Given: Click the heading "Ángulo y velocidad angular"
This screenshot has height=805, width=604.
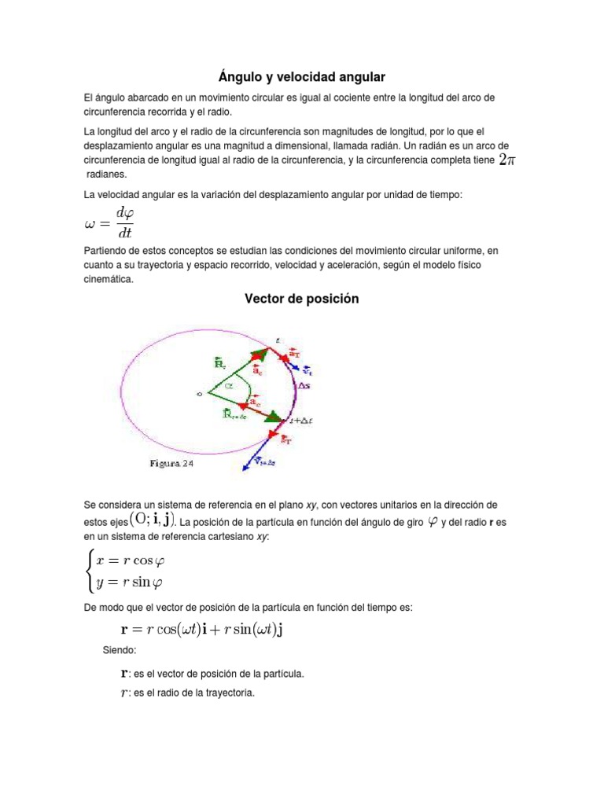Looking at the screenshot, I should click(x=301, y=76).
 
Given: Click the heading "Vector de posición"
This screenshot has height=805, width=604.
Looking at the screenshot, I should click(x=301, y=299).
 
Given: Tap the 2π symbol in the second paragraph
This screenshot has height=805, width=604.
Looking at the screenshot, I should click(x=507, y=160).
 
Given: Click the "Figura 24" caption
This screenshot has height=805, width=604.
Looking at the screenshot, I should click(x=171, y=464).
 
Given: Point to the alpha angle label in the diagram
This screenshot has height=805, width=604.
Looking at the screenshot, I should click(x=230, y=387).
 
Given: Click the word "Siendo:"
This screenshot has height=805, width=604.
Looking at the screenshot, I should click(x=120, y=651).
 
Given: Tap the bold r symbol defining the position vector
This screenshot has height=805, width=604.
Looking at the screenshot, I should click(x=123, y=673).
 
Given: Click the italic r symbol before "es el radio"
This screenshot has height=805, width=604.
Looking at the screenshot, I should click(x=123, y=693).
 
